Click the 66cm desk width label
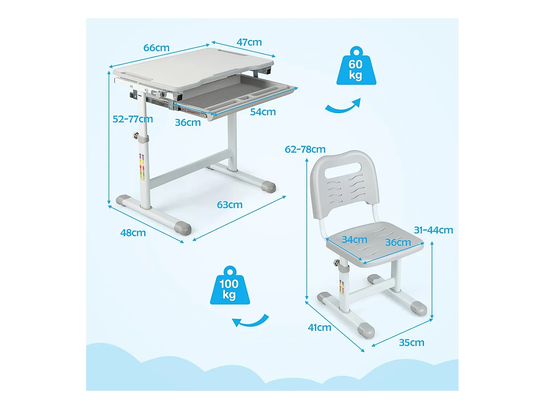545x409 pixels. point(156,48)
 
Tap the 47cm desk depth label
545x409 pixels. point(249,42)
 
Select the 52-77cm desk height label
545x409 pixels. point(133,119)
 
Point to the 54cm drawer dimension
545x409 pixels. point(263,112)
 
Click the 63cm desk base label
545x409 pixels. point(230,205)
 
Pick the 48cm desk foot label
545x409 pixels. point(133,233)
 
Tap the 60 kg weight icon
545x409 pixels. point(356,66)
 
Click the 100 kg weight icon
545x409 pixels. point(230,285)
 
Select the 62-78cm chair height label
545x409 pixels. point(305,149)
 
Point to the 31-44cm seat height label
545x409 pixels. point(433,230)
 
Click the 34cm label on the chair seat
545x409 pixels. point(354,240)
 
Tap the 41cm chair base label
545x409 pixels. point(319,328)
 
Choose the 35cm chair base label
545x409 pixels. point(412,343)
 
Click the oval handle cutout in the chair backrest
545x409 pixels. point(343,171)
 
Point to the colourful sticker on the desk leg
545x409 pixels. point(142,167)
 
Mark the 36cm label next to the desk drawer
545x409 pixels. point(188,123)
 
